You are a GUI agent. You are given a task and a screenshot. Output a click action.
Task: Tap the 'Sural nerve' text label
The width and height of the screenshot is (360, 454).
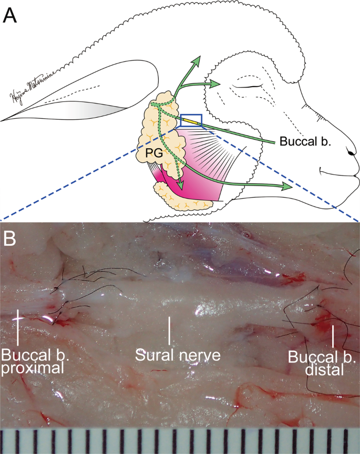(x=177, y=355)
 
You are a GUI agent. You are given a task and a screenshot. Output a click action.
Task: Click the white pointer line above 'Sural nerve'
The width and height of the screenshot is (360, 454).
(x=169, y=330)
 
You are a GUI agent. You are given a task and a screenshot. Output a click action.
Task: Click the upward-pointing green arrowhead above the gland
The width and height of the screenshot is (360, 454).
(x=197, y=61)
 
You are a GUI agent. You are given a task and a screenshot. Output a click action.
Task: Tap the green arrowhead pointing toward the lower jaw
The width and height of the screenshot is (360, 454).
(x=286, y=187)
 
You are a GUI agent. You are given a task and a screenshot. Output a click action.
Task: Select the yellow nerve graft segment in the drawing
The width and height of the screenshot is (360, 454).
(x=192, y=123)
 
